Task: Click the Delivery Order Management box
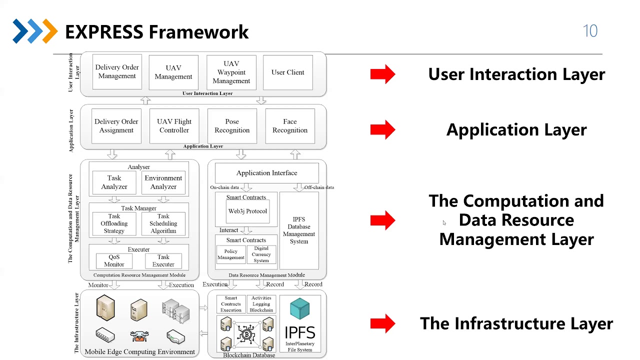pyautogui.click(x=117, y=72)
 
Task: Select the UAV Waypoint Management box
pyautogui.click(x=231, y=72)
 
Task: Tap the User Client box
pyautogui.click(x=288, y=72)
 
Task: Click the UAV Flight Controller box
pyautogui.click(x=174, y=126)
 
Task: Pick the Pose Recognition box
pyautogui.click(x=232, y=126)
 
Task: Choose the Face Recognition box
pyautogui.click(x=290, y=126)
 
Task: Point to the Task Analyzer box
pyautogui.click(x=114, y=182)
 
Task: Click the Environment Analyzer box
pyautogui.click(x=163, y=182)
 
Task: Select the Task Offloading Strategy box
pyautogui.click(x=114, y=224)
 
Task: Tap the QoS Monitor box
pyautogui.click(x=114, y=260)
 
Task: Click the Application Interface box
pyautogui.click(x=266, y=173)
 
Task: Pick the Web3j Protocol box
pyautogui.click(x=247, y=211)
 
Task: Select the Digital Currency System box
pyautogui.click(x=261, y=254)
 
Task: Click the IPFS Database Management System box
pyautogui.click(x=299, y=230)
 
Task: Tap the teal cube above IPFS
pyautogui.click(x=300, y=308)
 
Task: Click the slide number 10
pyautogui.click(x=590, y=31)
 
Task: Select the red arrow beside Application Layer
pyautogui.click(x=383, y=130)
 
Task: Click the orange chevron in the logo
pyautogui.click(x=50, y=31)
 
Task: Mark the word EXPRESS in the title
pyautogui.click(x=103, y=32)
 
